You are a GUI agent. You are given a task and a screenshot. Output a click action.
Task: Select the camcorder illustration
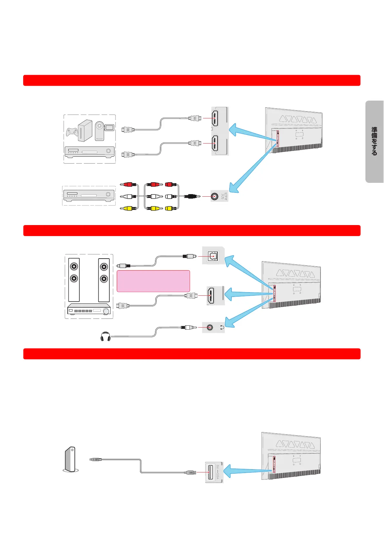[x=104, y=130]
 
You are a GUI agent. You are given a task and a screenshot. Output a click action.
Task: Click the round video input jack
[x=214, y=196]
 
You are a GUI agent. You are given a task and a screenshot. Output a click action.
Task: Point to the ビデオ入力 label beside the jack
[x=223, y=196]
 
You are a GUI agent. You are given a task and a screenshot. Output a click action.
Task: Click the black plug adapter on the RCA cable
[x=191, y=196]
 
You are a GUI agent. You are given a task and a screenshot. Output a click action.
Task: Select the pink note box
[x=153, y=281]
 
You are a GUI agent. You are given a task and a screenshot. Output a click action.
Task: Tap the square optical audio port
[x=212, y=256]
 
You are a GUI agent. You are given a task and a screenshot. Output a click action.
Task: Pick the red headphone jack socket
[x=210, y=328]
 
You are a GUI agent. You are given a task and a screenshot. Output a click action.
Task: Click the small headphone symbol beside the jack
[x=222, y=328]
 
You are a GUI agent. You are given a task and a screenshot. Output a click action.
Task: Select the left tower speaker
[x=74, y=280]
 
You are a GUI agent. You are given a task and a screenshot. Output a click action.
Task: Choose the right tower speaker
[x=104, y=280]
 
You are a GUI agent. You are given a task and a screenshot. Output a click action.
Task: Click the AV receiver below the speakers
[x=89, y=311]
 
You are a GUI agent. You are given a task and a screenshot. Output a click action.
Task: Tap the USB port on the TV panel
[x=211, y=472]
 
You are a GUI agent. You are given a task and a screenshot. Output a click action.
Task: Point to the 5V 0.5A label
[x=218, y=472]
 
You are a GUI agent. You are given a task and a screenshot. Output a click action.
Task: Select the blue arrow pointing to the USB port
[x=245, y=472]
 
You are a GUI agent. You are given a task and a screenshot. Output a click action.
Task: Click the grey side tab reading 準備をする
[x=374, y=142]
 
